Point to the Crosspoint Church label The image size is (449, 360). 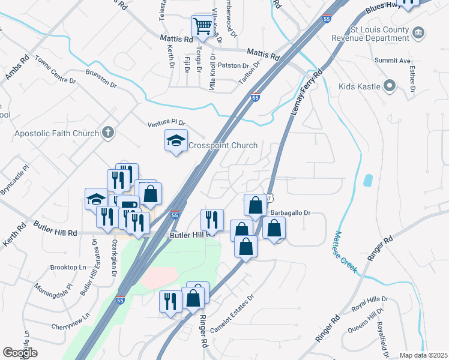click(223, 145)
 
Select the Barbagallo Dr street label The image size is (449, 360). click(290, 212)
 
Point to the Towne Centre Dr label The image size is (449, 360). click(55, 69)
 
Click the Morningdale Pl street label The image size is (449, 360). click(53, 293)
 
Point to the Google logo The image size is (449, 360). click(20, 353)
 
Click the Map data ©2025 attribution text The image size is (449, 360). click(423, 355)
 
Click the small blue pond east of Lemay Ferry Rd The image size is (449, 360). click(367, 181)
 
